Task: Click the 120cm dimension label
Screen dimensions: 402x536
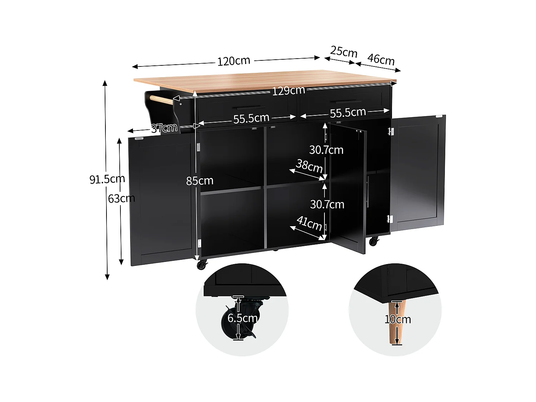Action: [234, 61]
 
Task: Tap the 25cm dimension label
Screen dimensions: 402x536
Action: [344, 52]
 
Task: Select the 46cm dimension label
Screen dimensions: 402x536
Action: [381, 59]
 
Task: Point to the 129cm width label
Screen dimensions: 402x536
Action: [288, 91]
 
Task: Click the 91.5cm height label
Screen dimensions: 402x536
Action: [107, 179]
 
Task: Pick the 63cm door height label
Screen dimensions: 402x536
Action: [121, 198]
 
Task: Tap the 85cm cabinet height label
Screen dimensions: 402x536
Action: [199, 181]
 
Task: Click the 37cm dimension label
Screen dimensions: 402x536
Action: [164, 128]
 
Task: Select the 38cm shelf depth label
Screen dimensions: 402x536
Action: [309, 166]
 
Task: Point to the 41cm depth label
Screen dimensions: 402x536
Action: [309, 223]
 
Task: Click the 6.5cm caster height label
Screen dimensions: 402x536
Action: [243, 318]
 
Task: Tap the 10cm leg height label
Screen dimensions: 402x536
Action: [398, 319]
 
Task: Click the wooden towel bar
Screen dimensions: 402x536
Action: [161, 100]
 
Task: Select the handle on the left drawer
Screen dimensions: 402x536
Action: [250, 108]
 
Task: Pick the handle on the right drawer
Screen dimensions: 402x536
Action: [346, 102]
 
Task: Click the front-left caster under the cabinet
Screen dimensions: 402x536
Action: [202, 265]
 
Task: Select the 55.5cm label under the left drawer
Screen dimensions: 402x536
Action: [251, 118]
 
